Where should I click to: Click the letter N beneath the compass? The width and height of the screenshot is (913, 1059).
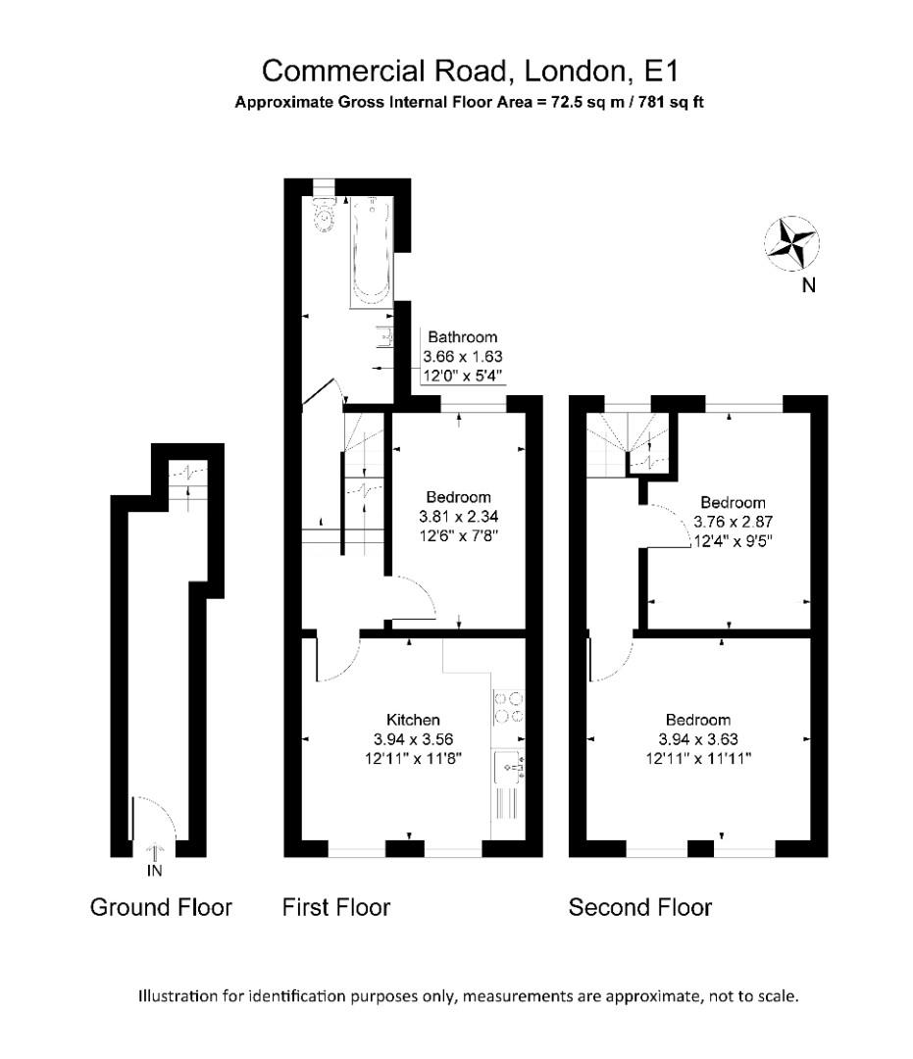808,285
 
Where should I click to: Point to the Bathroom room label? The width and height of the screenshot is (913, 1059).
463,337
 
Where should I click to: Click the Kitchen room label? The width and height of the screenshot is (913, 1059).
413,720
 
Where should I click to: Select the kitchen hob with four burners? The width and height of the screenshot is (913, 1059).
509,706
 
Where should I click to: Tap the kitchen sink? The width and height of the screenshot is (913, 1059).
509,767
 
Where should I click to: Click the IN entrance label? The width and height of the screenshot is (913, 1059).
155,872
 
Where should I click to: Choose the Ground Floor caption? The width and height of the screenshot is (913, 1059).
161,907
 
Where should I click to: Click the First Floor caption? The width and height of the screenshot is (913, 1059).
336,907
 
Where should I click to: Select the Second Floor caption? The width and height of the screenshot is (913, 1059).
640,907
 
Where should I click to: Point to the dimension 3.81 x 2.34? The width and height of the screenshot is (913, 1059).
459,517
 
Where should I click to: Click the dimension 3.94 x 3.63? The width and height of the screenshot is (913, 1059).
698,739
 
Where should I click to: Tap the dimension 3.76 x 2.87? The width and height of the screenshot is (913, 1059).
733,522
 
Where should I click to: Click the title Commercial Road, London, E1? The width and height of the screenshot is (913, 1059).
470,71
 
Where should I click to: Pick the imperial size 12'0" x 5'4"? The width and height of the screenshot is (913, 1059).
463,376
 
